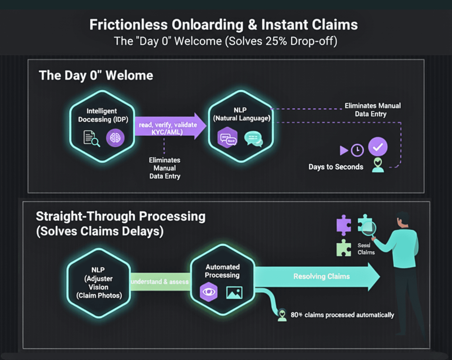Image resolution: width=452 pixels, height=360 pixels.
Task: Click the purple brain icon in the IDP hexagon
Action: coord(115,138)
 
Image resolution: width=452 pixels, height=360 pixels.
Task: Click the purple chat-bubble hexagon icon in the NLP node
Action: coord(227,138)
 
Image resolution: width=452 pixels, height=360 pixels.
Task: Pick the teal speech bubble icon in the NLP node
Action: coord(253,138)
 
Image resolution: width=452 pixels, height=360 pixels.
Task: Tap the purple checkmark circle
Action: coord(378,147)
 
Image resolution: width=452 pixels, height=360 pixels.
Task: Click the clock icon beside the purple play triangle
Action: coord(357,150)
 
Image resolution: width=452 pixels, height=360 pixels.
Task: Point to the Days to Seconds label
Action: coord(336,167)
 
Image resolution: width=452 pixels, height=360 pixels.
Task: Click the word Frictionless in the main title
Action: coord(128,25)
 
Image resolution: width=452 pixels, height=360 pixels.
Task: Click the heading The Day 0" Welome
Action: coord(96,76)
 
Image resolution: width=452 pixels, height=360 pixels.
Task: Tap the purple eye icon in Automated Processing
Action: coord(209,292)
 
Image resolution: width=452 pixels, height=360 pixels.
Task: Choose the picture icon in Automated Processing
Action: coord(234,292)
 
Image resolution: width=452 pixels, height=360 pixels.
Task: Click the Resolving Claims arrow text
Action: coord(321,276)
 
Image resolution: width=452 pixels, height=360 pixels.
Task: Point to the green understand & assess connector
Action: coord(160,282)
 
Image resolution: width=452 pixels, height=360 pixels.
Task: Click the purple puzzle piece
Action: coord(344,225)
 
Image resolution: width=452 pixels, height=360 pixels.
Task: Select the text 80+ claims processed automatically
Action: coord(342,315)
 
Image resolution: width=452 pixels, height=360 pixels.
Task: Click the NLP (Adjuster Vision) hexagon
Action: coord(99,283)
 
